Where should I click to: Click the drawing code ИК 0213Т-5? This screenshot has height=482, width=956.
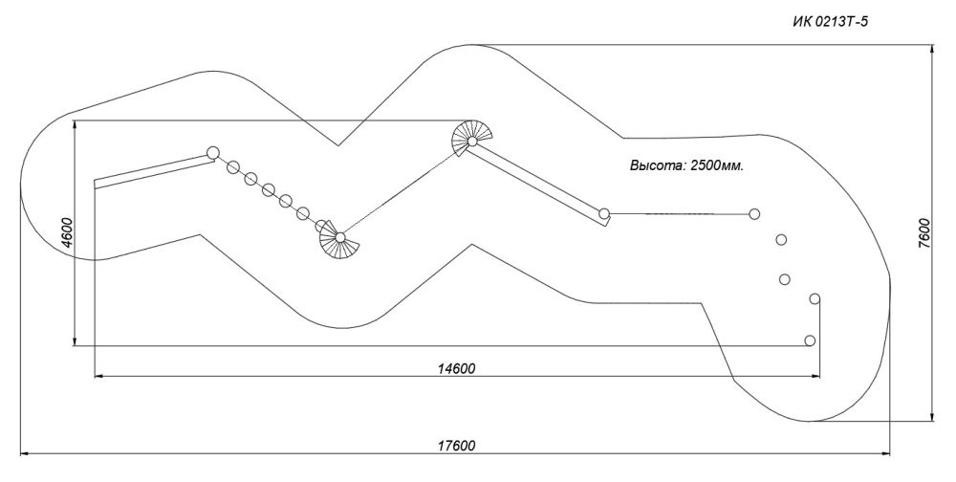[830, 23]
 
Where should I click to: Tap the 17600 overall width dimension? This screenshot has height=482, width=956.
[456, 446]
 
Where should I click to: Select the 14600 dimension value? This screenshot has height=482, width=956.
[456, 368]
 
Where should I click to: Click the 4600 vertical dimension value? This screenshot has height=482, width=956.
[67, 232]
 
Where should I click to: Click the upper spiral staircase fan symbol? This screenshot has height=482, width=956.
[472, 139]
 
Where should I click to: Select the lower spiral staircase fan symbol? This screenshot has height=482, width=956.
[338, 240]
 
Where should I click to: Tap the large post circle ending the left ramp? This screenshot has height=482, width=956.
[213, 152]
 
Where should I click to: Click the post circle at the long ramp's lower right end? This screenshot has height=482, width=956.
[604, 213]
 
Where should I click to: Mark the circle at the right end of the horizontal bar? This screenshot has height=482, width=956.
[754, 213]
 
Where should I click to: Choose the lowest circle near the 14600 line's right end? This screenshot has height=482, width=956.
[810, 340]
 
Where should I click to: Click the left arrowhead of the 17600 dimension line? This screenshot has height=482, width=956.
[26, 453]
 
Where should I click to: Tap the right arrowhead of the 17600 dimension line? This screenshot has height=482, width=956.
[884, 453]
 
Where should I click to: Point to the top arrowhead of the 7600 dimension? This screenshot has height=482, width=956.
[933, 50]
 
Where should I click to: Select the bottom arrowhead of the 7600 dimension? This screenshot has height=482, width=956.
[933, 415]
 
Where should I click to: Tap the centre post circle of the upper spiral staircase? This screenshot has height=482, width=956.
[472, 142]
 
